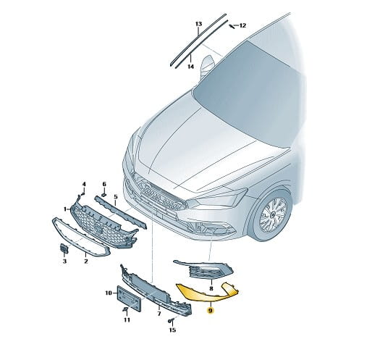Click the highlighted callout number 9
(211, 311)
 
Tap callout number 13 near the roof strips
(198, 24)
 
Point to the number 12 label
(242, 25)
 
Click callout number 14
(191, 66)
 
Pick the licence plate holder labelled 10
(129, 298)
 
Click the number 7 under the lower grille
(159, 314)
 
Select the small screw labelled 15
(170, 321)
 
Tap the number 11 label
(127, 320)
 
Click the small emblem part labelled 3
(64, 248)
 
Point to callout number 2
(86, 261)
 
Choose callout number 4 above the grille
(84, 184)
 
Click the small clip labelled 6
(104, 195)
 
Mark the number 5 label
(116, 196)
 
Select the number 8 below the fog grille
(211, 288)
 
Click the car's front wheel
(273, 214)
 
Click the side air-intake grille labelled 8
(203, 269)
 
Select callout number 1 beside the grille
(65, 209)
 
